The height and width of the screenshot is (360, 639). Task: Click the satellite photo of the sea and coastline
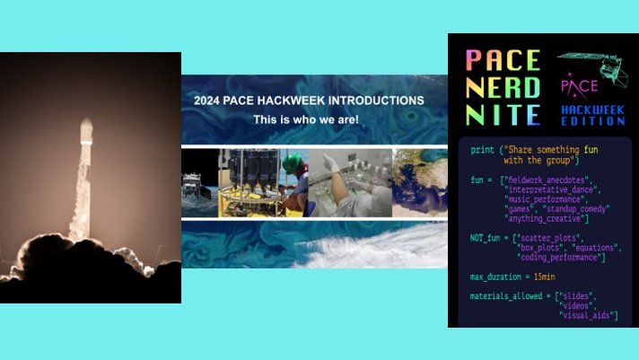coord(419,183)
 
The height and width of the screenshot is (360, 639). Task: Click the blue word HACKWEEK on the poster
coord(593,110)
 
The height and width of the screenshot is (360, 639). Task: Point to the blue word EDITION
coord(593,120)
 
